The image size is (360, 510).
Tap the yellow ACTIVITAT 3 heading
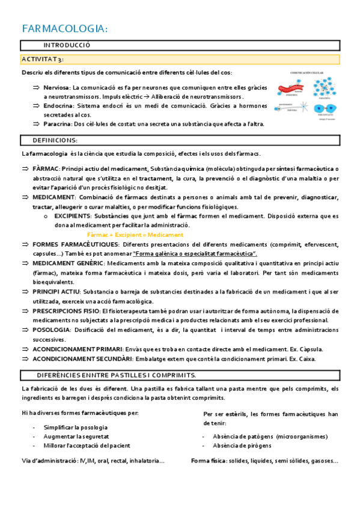[x=43, y=59]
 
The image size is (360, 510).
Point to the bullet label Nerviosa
[x=56, y=88]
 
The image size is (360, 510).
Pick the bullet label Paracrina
[x=57, y=124]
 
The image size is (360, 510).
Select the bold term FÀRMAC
[x=46, y=169]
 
